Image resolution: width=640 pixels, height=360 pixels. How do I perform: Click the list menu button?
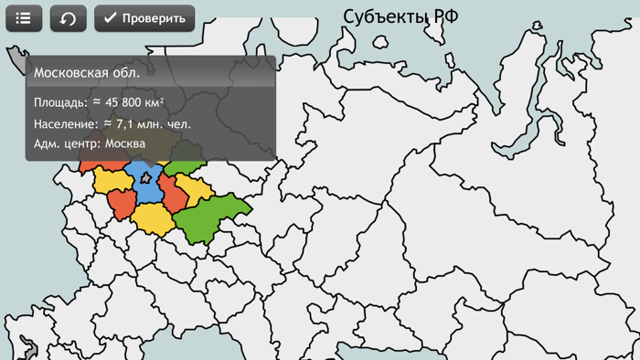(x=24, y=18)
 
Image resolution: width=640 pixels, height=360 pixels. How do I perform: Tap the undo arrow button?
(x=68, y=18)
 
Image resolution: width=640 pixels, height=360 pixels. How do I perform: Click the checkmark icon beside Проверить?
(x=110, y=18)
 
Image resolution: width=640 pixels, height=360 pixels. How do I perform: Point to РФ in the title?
(x=444, y=16)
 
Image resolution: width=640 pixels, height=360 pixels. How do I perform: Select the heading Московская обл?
(x=86, y=72)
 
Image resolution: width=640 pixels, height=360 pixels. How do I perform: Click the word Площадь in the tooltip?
(x=60, y=103)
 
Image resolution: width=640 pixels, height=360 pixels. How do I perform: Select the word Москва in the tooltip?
(x=125, y=143)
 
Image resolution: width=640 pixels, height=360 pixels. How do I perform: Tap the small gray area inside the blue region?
(x=146, y=178)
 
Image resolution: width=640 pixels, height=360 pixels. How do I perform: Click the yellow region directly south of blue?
(x=153, y=219)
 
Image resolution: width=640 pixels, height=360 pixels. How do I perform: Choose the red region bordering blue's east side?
(x=173, y=194)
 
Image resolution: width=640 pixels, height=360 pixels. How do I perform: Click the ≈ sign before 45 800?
(x=96, y=103)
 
